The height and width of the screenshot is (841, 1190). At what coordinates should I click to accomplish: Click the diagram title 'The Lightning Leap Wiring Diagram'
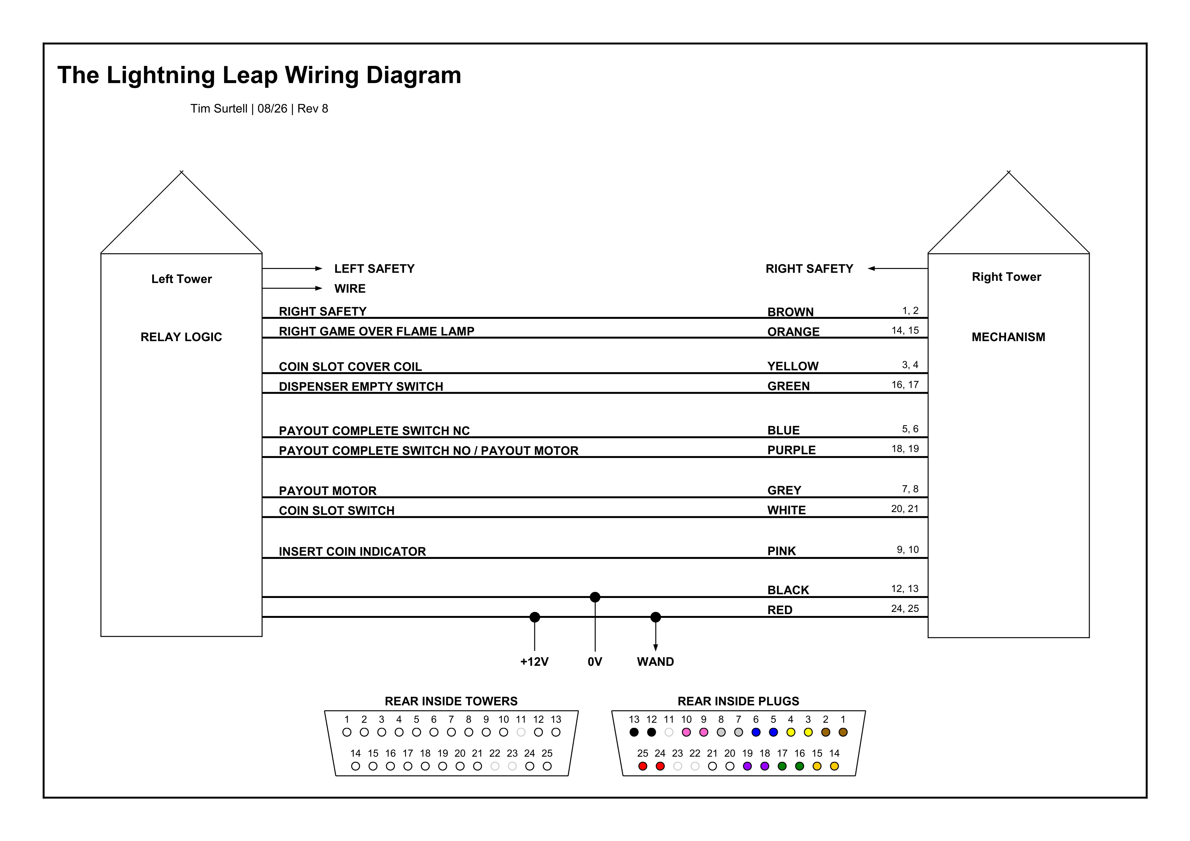pyautogui.click(x=259, y=75)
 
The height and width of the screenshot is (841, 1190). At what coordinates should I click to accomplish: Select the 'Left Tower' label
pyautogui.click(x=182, y=279)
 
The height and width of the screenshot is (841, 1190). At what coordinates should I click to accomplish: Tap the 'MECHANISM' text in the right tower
pyautogui.click(x=1008, y=337)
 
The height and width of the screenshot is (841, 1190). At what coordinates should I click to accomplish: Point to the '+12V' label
pyautogui.click(x=534, y=662)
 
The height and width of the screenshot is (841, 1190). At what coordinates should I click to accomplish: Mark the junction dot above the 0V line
pyautogui.click(x=595, y=597)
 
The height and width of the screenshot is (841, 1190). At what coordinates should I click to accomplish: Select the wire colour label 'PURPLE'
pyautogui.click(x=791, y=450)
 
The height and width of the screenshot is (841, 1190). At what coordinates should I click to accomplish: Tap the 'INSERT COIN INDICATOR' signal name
pyautogui.click(x=352, y=551)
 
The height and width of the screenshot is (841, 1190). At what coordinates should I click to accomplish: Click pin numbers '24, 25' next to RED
pyautogui.click(x=905, y=608)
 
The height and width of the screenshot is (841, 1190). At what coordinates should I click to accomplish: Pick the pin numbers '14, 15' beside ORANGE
pyautogui.click(x=905, y=330)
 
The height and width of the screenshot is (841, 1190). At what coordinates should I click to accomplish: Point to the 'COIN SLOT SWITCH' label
pyautogui.click(x=336, y=510)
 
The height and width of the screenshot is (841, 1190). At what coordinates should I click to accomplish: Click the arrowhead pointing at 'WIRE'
pyautogui.click(x=319, y=288)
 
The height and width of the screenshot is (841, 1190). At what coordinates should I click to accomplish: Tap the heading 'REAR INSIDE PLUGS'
pyautogui.click(x=738, y=701)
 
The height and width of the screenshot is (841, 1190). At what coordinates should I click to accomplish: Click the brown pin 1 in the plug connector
pyautogui.click(x=843, y=732)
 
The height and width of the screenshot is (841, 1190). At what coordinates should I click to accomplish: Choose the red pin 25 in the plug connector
pyautogui.click(x=643, y=766)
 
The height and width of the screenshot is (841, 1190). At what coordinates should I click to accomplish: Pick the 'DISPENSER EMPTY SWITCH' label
pyautogui.click(x=361, y=387)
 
